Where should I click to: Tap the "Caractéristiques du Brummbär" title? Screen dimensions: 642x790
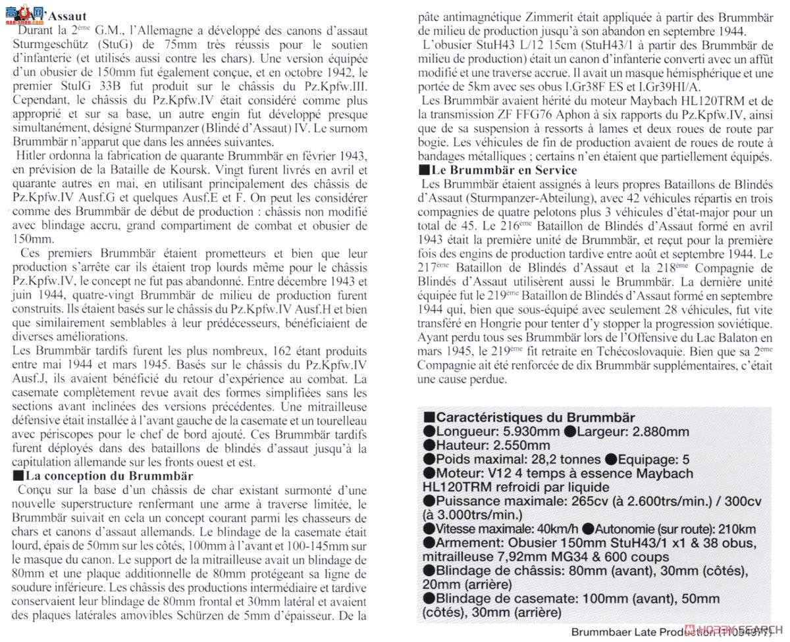(535, 418)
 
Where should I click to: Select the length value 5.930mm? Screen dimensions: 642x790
(527, 432)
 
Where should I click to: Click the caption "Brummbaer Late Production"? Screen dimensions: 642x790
(642, 633)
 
